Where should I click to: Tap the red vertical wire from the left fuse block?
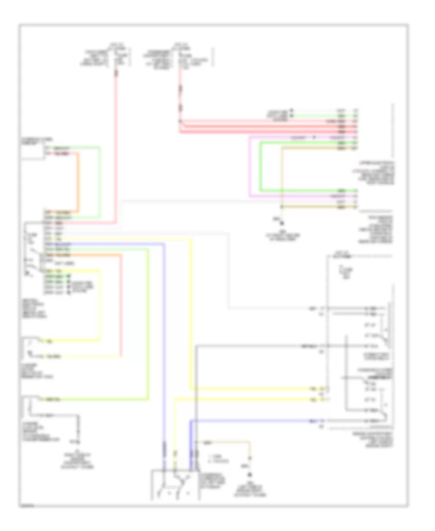click(x=116, y=145)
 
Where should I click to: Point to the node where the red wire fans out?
click(x=180, y=121)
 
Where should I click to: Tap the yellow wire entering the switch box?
click(x=174, y=434)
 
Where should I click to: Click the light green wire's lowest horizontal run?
click(x=97, y=399)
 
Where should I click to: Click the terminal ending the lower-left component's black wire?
click(x=77, y=440)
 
